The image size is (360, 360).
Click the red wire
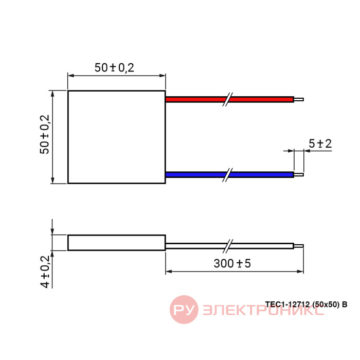229,99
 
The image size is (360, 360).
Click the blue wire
229,175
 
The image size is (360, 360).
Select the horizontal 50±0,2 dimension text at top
114,68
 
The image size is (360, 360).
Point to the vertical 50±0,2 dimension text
45,134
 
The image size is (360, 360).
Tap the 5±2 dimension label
320,143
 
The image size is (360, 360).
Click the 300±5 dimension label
232,263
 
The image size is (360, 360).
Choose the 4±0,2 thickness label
45,272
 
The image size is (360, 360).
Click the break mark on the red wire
228,99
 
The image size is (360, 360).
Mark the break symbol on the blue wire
228,175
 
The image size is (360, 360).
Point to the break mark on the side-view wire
228,246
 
